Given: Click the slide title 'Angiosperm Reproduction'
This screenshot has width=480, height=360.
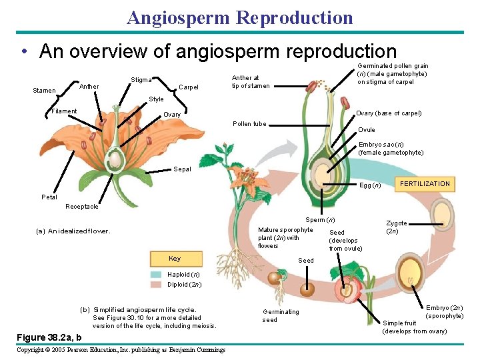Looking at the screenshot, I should [x=240, y=17].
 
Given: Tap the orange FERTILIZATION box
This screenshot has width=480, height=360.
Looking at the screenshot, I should [x=425, y=184].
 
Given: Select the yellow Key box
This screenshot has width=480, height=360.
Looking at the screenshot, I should [x=174, y=259].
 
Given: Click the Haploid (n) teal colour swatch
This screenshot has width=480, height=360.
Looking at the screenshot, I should [x=156, y=275].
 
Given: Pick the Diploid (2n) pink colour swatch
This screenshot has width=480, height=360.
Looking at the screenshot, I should [x=156, y=285].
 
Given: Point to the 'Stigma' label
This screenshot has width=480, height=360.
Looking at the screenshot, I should [x=141, y=80].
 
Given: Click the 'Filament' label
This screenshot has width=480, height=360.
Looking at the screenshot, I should [x=65, y=111].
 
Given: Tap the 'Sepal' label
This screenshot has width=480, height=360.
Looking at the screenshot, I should [x=182, y=169].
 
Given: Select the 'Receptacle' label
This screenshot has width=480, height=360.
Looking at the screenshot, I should [x=82, y=207].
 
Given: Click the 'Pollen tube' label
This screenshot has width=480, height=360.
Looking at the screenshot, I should [x=249, y=124].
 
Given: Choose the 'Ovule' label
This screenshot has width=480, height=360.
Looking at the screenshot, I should [x=367, y=130].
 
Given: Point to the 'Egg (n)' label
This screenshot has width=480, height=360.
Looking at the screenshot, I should [x=370, y=185].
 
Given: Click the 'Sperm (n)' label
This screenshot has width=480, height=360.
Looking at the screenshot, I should [x=320, y=220].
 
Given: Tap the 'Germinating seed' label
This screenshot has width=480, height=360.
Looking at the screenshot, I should [x=281, y=316].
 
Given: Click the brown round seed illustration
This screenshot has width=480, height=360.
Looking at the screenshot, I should [x=307, y=288].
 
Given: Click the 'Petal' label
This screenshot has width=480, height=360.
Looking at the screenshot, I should [x=49, y=197].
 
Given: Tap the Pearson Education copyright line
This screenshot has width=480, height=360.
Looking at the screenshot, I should [x=120, y=350].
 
